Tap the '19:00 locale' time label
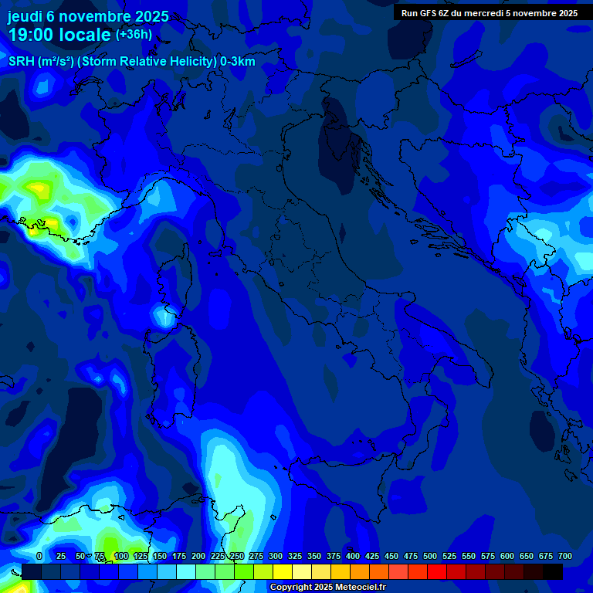60,35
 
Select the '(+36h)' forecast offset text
134,35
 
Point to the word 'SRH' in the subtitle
22,62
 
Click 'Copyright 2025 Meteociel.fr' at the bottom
327,588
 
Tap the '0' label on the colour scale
39,556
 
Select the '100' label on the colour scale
120,556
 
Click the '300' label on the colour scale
276,556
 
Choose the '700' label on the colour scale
564,556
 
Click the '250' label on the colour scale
237,556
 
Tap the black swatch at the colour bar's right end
553,572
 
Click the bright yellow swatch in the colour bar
283,572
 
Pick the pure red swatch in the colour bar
437,572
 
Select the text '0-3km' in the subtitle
237,62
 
